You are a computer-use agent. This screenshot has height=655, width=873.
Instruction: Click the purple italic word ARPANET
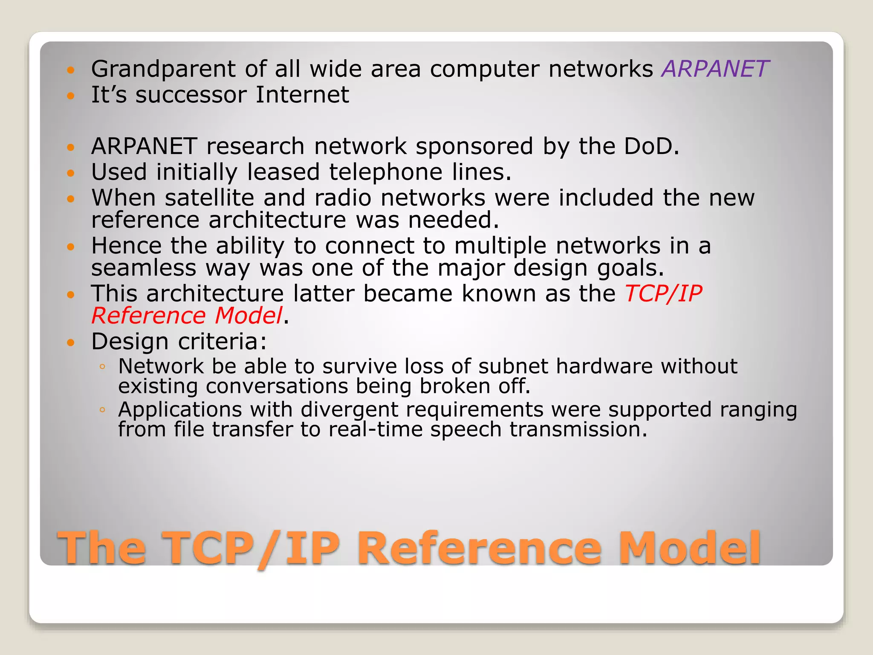[715, 69]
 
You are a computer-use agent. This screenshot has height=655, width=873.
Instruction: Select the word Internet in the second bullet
[302, 95]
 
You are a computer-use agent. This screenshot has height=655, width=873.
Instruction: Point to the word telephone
[386, 172]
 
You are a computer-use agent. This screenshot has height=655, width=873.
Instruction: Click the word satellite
[209, 198]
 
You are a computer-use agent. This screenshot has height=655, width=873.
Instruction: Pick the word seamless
[144, 268]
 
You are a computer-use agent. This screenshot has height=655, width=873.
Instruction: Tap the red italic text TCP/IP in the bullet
[663, 294]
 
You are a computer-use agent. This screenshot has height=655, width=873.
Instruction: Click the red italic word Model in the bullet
[249, 316]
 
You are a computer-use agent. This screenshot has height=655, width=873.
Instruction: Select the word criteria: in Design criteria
[222, 342]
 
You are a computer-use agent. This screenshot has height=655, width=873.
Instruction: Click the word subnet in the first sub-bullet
[513, 366]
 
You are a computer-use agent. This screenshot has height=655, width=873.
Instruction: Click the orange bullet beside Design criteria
[71, 342]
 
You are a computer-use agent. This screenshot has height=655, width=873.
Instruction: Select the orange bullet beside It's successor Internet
[71, 96]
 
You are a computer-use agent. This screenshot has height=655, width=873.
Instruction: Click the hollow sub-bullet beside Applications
[102, 410]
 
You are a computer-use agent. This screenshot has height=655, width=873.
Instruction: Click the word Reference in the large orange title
[480, 548]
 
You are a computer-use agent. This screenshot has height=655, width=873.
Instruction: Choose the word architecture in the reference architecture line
[277, 220]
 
